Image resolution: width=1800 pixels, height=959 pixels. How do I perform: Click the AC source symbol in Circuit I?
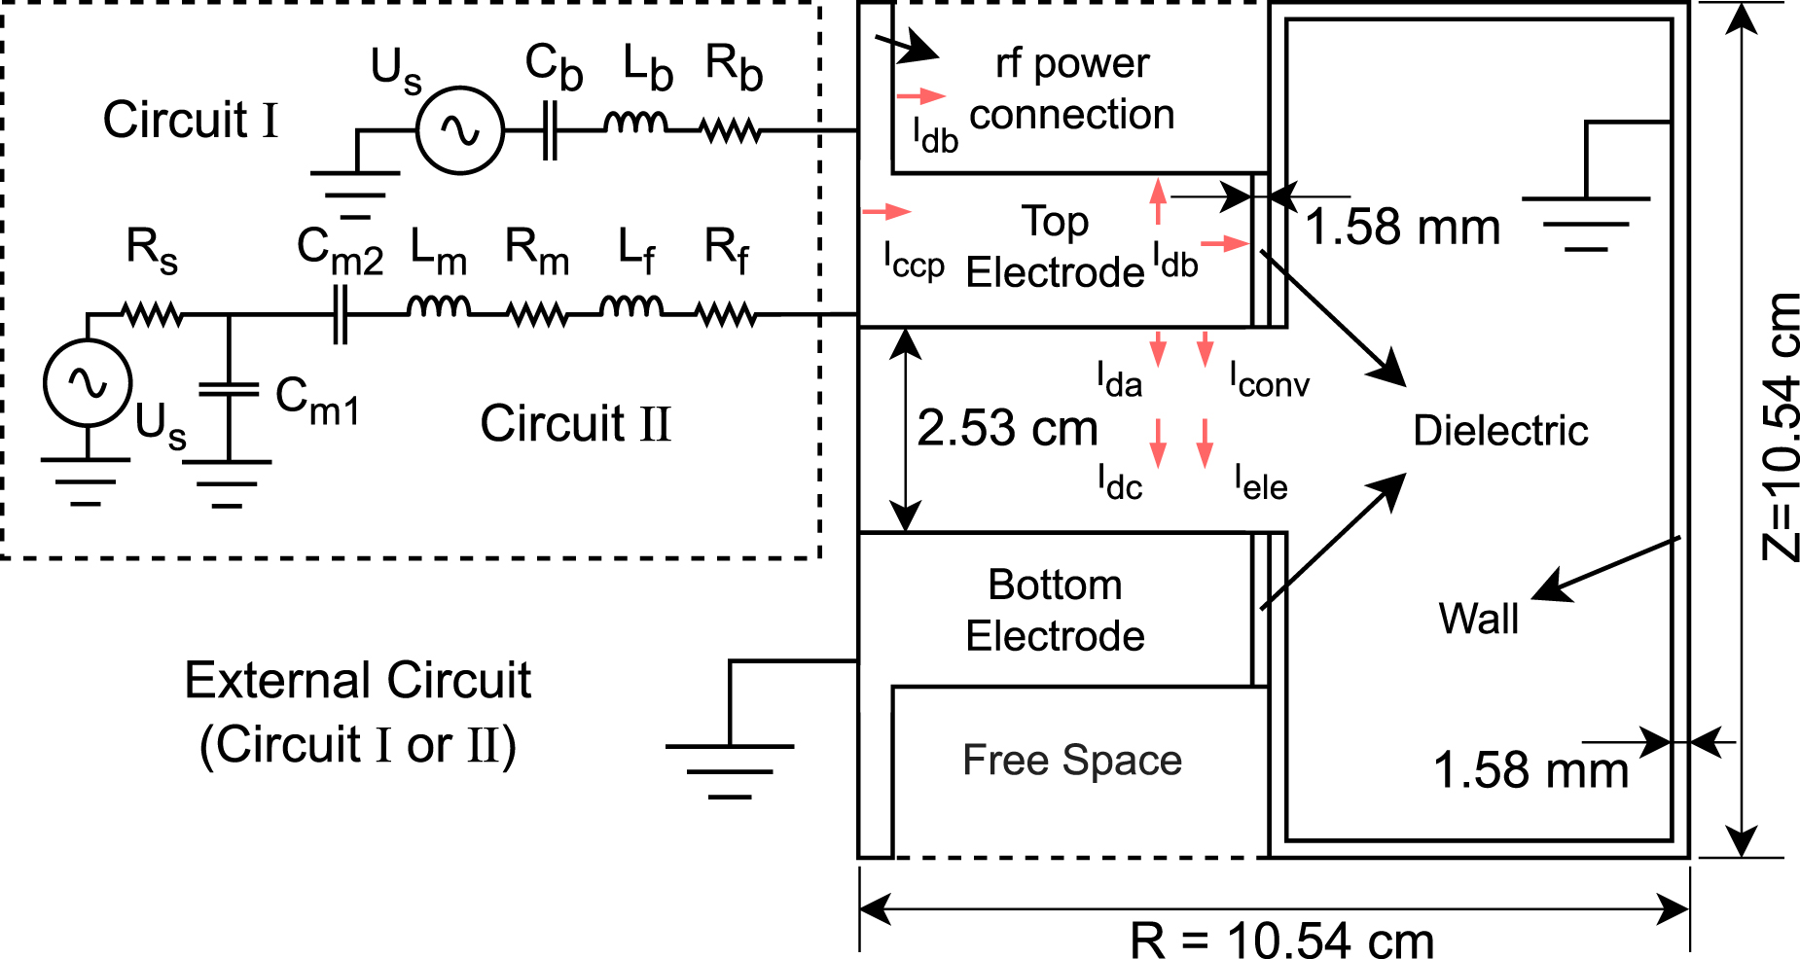459,130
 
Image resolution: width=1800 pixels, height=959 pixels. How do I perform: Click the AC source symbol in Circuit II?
88,383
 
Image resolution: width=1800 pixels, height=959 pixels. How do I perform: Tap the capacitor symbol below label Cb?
550,130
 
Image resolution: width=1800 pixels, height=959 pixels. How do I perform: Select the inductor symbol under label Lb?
635,124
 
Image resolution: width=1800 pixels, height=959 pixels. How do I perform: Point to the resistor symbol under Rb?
731,129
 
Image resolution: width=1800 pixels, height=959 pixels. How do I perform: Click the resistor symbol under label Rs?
152,314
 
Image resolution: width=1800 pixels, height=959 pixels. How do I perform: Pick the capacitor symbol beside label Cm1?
229,389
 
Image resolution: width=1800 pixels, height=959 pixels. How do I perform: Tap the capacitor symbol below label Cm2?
339,314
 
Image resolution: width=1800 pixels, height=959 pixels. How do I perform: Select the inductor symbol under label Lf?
631,308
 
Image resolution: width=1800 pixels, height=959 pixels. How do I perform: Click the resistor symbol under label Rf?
726,314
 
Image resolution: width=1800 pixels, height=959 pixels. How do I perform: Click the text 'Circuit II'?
575,424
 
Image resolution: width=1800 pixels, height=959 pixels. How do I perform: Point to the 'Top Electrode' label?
1055,247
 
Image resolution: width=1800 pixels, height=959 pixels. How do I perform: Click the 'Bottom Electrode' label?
1055,611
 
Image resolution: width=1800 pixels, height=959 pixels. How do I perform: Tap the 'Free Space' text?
1071,761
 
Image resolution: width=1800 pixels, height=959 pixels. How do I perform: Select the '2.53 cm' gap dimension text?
1007,428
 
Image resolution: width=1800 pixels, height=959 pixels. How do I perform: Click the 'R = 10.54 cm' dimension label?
1281,940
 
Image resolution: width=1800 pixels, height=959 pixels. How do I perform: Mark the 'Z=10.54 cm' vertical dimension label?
1781,428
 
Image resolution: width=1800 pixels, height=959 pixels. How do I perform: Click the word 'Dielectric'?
1499,431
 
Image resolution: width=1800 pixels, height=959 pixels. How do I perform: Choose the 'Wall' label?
1478,619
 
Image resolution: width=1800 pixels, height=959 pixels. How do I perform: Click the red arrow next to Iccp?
886,211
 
